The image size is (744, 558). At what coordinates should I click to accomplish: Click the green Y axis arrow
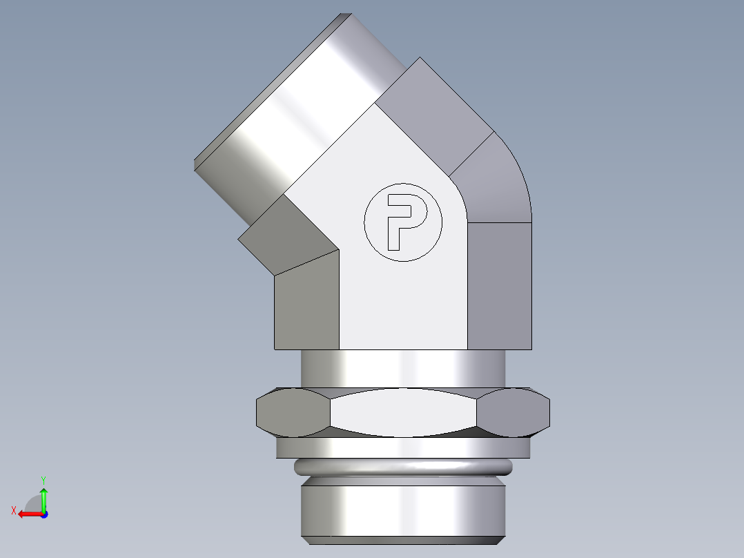pos(43,497)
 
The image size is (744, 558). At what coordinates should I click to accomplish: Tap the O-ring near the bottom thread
pos(403,468)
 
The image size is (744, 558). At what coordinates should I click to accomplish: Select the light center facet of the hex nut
pos(403,412)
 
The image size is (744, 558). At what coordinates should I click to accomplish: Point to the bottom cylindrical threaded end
pos(403,511)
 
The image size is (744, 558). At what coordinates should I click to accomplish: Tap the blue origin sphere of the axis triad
pos(43,514)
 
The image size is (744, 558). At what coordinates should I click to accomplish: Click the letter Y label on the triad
pos(43,479)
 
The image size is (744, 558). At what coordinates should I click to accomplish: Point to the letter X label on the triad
pos(13,510)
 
